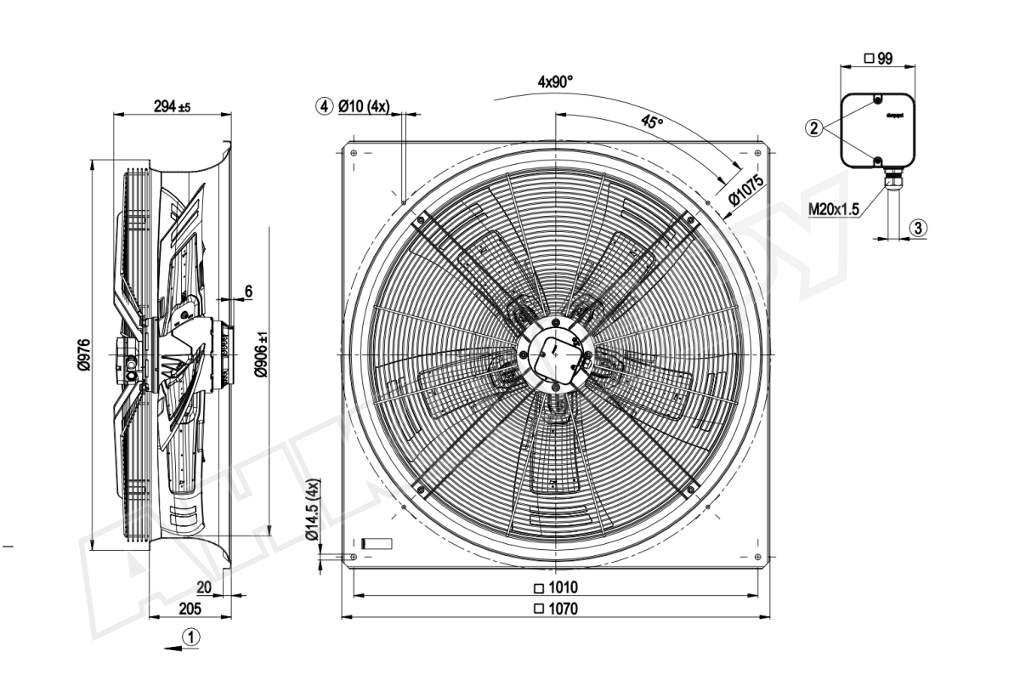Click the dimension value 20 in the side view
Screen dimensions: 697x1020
point(204,587)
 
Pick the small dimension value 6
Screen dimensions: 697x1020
point(248,292)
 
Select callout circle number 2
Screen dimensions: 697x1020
point(814,128)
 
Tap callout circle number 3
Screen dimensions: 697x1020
point(916,227)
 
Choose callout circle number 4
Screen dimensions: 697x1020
point(323,107)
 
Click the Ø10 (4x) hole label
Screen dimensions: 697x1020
point(363,107)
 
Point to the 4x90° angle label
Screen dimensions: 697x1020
point(555,82)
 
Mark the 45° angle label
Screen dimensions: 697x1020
point(651,122)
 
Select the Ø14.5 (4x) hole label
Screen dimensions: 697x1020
point(312,510)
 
